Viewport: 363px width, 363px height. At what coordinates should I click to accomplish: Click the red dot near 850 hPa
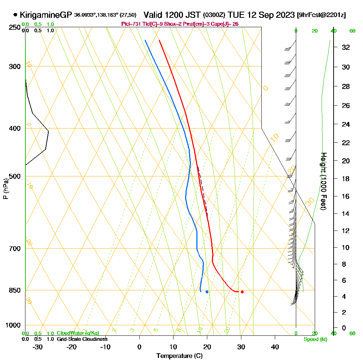[x=242, y=292]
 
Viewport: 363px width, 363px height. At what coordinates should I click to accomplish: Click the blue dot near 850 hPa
[x=207, y=292]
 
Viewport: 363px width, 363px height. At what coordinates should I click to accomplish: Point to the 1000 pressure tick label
[x=13, y=325]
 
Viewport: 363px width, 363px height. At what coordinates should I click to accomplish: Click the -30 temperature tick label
[x=38, y=347]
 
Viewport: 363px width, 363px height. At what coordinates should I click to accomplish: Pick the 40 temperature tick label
[x=275, y=347]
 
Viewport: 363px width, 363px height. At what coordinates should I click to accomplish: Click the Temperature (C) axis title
[x=179, y=356]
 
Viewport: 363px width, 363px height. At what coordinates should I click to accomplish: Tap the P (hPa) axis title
[x=6, y=188]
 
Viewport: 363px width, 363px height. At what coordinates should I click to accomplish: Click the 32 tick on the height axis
[x=346, y=47]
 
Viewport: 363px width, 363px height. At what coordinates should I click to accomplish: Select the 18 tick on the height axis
[x=346, y=179]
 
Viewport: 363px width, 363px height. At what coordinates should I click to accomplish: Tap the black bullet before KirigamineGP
[x=15, y=15]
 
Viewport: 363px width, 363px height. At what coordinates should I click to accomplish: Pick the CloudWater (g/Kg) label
[x=78, y=333]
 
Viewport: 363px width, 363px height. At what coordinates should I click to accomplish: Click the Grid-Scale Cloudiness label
[x=82, y=339]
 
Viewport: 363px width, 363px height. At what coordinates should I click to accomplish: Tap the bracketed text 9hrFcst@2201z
[x=321, y=15]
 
